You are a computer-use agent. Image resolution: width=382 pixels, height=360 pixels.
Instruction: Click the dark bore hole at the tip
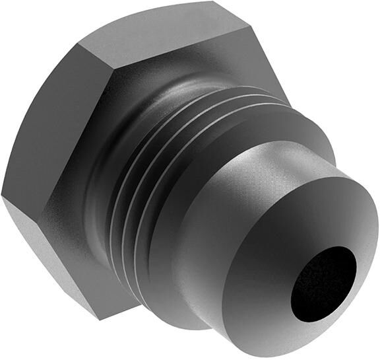(x=323, y=279)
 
